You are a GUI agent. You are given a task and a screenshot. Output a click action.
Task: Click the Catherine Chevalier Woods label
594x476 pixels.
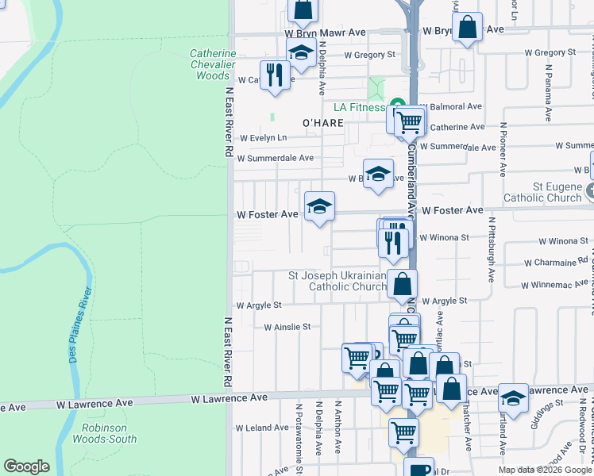[213, 64]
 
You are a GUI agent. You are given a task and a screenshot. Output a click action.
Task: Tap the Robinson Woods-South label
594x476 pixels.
[109, 432]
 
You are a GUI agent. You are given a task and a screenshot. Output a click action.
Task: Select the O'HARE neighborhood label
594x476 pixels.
[322, 123]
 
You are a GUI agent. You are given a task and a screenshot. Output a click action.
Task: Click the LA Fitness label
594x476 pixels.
[359, 107]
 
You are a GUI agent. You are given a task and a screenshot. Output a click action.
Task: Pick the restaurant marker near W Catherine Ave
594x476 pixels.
[275, 75]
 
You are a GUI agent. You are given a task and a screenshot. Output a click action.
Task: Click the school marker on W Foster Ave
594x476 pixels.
[319, 207]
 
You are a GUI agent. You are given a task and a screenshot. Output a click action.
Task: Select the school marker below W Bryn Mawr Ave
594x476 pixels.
[301, 54]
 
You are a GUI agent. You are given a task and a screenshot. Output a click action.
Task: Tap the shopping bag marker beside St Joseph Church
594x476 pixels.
[403, 283]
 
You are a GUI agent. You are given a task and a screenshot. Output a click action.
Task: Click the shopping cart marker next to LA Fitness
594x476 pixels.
[409, 121]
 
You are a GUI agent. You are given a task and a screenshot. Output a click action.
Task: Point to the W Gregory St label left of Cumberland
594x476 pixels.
[369, 55]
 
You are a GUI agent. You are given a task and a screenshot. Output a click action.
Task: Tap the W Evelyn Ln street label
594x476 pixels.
[268, 137]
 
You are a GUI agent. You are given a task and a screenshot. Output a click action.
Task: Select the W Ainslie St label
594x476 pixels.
[287, 326]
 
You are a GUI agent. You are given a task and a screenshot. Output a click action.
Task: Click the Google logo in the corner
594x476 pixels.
[27, 466]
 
